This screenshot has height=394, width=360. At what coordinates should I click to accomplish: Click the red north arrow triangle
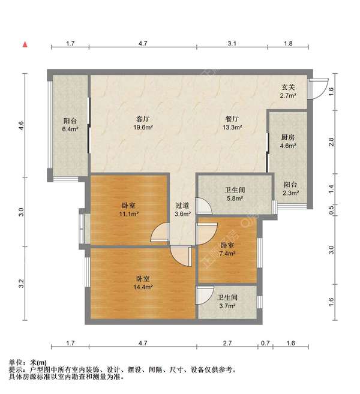25,44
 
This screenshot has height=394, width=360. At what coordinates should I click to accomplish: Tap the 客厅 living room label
143,119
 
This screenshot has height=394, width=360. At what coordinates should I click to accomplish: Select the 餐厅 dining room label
232,119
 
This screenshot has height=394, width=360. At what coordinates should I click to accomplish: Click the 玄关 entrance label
288,87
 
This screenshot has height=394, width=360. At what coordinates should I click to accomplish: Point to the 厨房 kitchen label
288,137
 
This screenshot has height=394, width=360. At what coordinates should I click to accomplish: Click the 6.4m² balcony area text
70,129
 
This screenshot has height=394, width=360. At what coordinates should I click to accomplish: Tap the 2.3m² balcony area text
291,193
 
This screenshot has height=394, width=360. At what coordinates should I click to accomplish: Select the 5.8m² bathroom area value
235,198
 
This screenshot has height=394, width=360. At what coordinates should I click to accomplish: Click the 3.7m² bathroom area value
227,306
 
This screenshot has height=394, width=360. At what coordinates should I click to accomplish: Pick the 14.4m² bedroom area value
143,287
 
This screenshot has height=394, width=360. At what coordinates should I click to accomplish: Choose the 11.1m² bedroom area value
129,214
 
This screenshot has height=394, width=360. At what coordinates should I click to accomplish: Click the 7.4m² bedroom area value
227,254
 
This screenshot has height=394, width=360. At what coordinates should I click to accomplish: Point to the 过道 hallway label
182,206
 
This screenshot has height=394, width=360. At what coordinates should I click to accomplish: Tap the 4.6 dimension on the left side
22,125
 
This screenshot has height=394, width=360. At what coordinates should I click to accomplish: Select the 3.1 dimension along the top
232,43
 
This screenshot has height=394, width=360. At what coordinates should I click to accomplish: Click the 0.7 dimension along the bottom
265,343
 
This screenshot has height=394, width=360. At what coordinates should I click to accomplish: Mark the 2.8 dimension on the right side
331,142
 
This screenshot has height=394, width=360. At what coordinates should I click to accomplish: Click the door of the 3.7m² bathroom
204,294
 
